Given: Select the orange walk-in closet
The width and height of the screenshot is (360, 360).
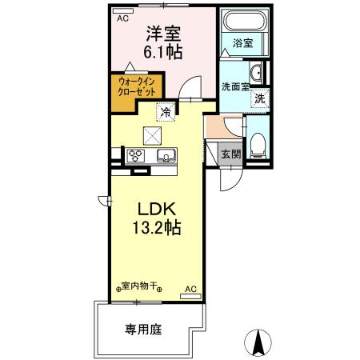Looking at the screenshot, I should [130, 86].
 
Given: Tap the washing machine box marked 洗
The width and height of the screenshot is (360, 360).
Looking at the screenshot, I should [259, 99].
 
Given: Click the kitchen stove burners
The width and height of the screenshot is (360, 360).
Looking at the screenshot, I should [134, 155].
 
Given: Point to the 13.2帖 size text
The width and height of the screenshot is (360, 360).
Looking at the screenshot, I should [156, 227].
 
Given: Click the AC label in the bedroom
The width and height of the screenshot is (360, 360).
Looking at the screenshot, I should [122, 17].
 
